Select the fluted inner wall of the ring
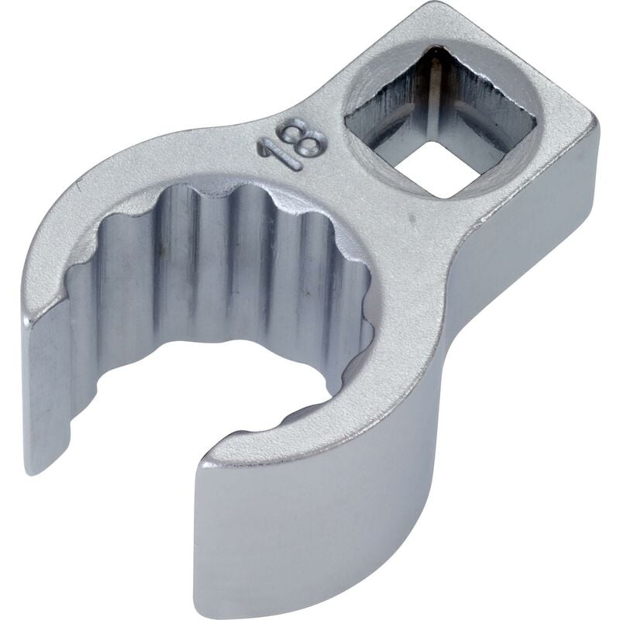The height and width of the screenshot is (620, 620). (256, 256)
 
